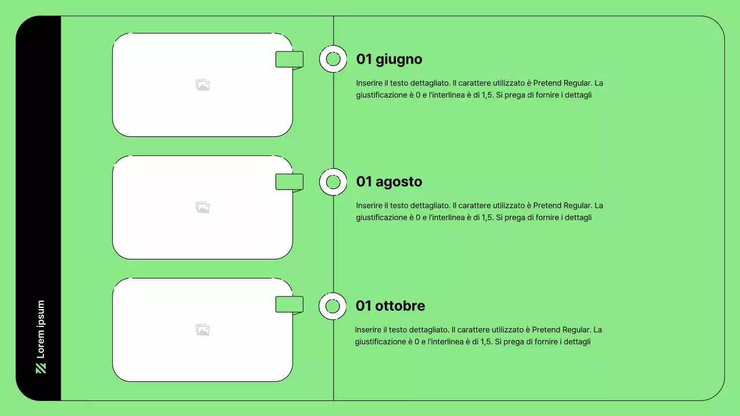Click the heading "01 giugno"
tap(389, 60)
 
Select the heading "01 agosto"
tap(389, 181)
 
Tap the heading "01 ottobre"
tap(390, 306)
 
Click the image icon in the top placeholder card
tap(202, 85)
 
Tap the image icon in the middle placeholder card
tap(202, 207)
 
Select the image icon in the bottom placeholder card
tap(202, 330)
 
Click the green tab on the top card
tap(290, 60)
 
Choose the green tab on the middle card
tap(290, 182)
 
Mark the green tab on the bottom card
tap(290, 304)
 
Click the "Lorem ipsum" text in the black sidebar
tap(40, 329)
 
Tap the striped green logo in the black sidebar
tap(40, 369)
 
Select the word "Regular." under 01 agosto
tap(578, 205)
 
